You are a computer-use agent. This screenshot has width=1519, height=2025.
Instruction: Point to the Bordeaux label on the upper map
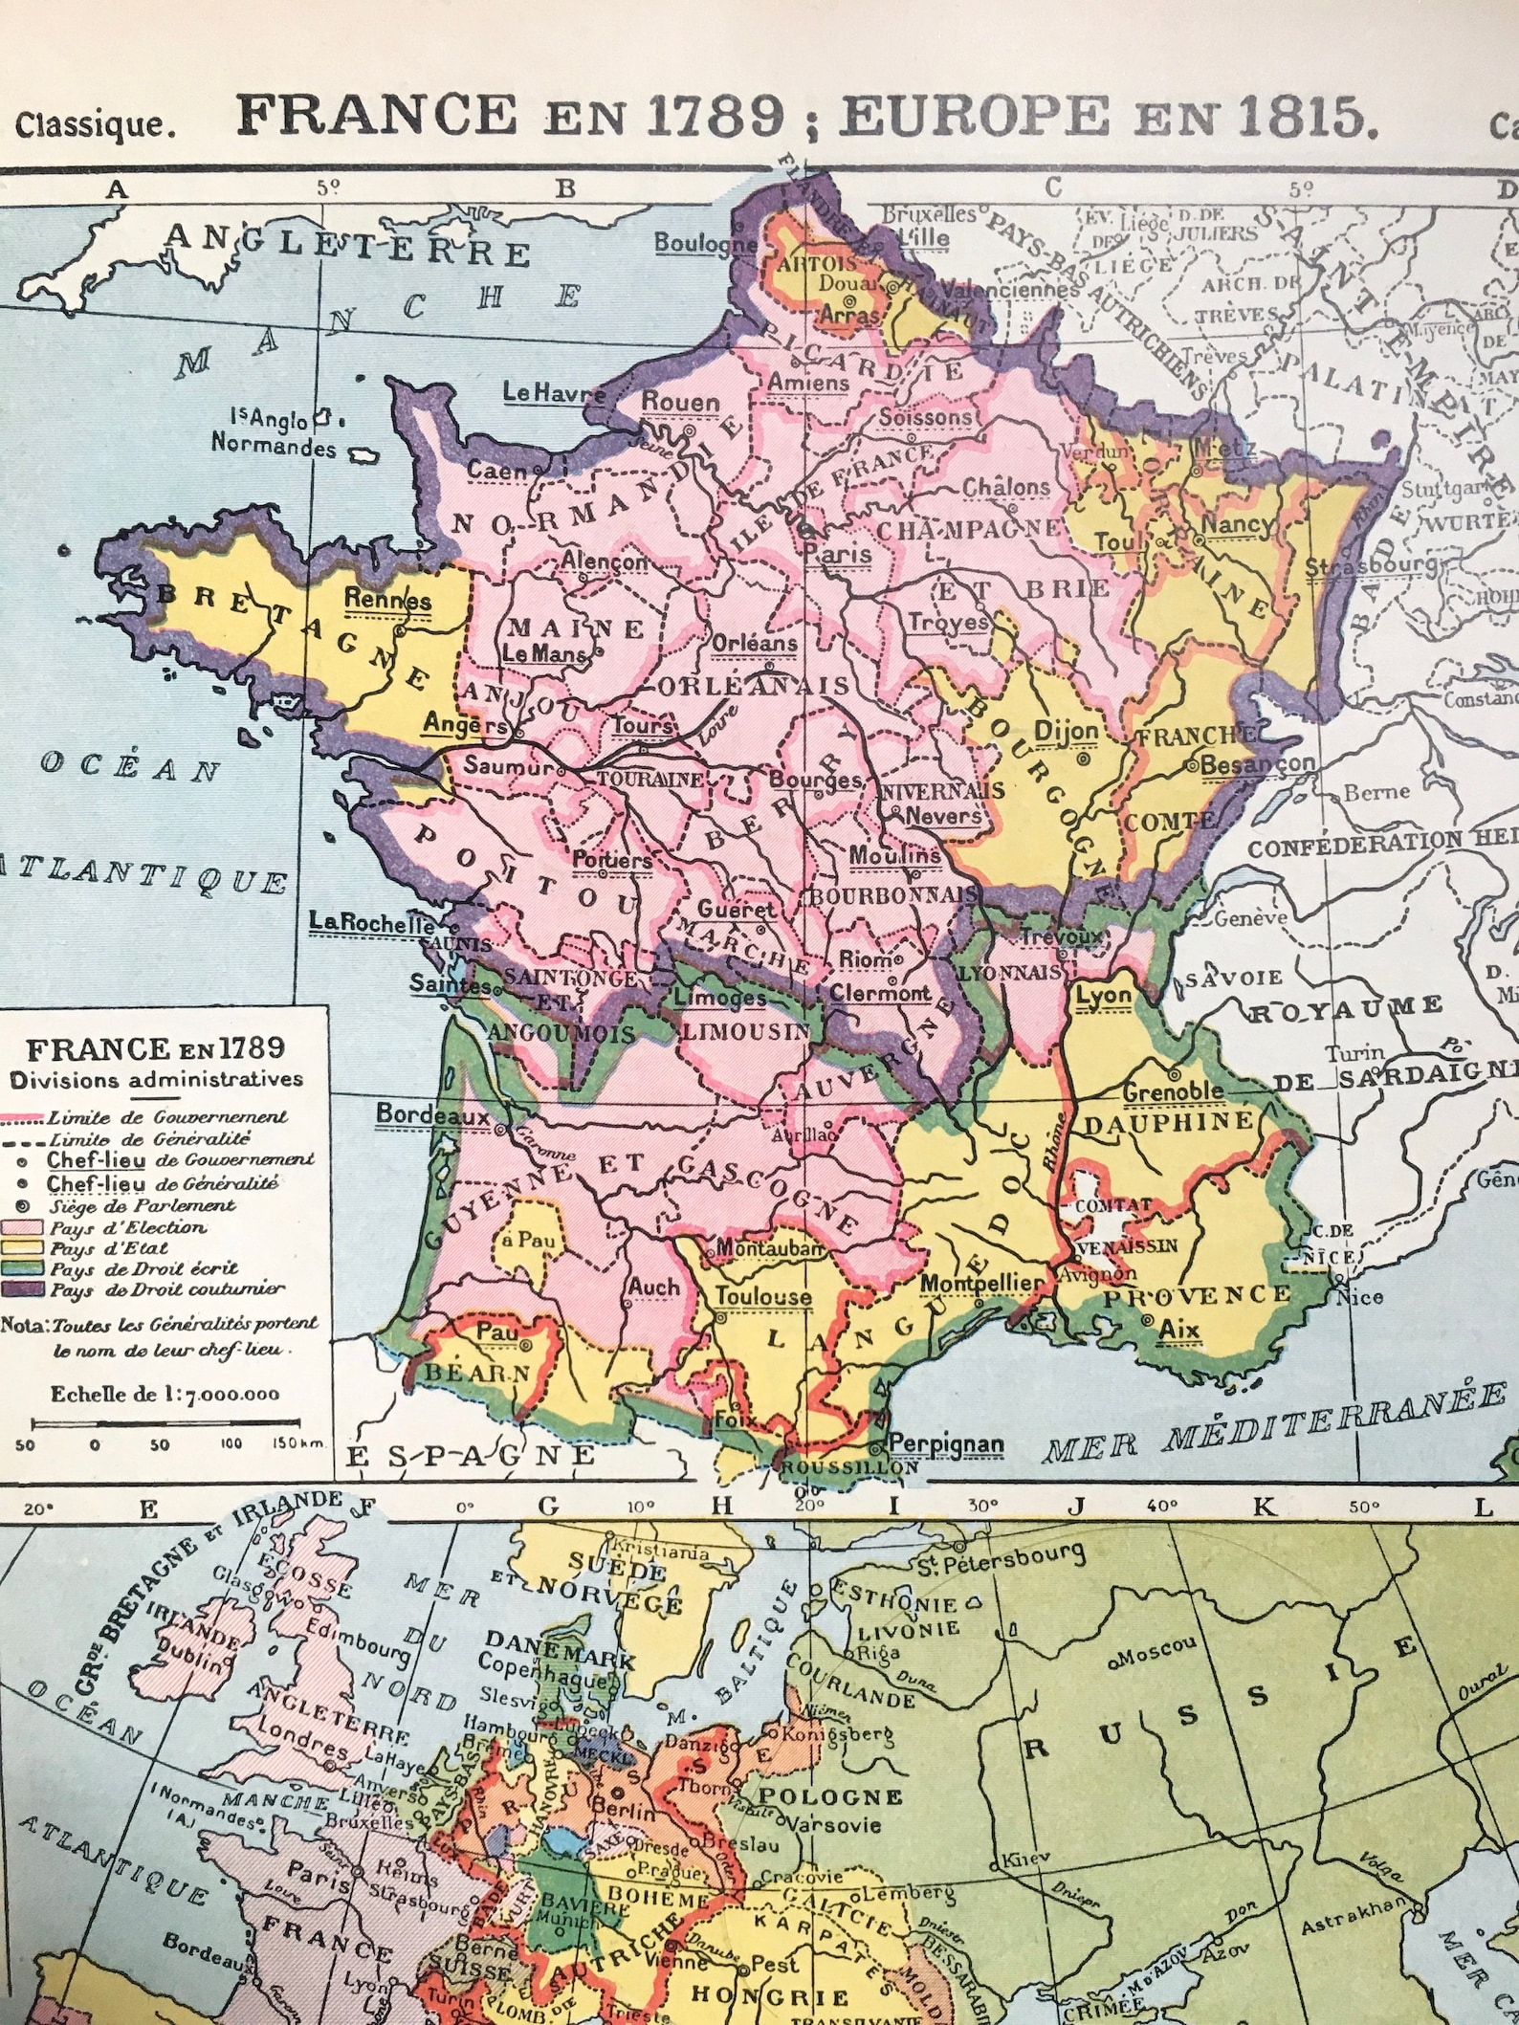point(431,1114)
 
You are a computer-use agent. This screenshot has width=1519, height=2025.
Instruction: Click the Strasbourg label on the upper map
point(1370,565)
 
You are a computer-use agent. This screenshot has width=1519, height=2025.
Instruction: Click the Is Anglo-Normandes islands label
point(273,432)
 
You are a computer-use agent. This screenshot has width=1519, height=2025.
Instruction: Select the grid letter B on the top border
point(565,188)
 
